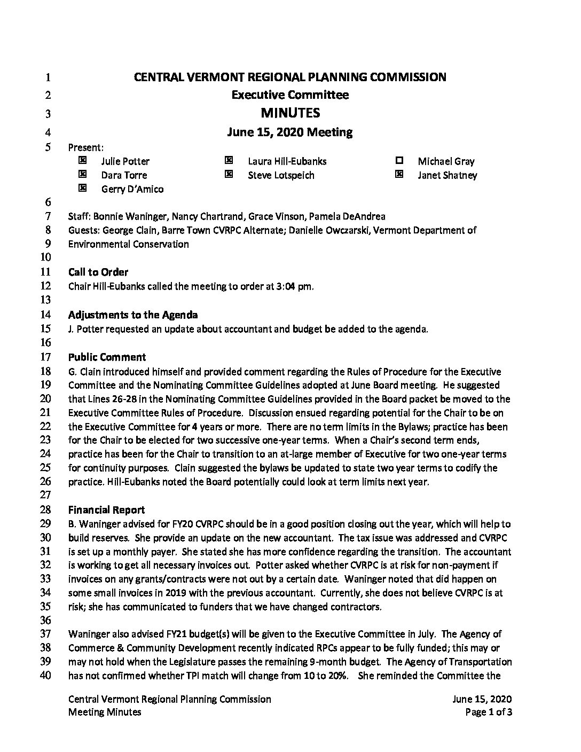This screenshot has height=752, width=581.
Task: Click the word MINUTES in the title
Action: [x=290, y=113]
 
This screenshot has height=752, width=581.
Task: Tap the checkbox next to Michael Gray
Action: [x=399, y=160]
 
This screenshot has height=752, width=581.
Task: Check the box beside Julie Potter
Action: [x=82, y=160]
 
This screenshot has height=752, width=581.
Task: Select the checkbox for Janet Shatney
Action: [x=399, y=174]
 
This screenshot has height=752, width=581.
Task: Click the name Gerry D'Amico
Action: [x=132, y=189]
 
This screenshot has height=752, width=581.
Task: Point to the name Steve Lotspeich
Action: [x=281, y=175]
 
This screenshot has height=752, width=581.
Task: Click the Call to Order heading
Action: [x=98, y=272]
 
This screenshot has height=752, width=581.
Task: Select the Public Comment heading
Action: [x=107, y=357]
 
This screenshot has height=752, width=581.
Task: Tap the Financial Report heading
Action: [x=106, y=510]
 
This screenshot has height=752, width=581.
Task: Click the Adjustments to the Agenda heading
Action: [x=133, y=315]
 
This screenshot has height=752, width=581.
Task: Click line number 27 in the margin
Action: [x=45, y=495]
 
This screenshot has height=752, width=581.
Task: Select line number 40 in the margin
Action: [x=45, y=676]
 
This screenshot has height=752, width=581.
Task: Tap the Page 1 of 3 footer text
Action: [x=489, y=712]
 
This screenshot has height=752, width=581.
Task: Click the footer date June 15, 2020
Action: [x=482, y=699]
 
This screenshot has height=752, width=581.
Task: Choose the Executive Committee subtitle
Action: [x=290, y=95]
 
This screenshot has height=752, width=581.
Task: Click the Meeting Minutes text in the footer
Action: [x=105, y=712]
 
